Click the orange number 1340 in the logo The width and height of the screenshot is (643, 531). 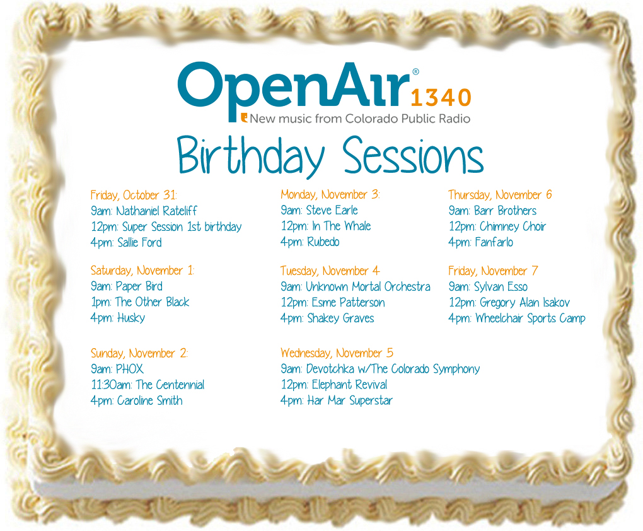(x=441, y=98)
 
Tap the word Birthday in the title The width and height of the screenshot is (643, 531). (x=251, y=157)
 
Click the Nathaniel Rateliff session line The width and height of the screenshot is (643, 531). (x=144, y=211)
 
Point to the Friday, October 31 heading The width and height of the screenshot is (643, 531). (x=134, y=195)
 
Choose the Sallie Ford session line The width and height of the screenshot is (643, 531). (x=126, y=243)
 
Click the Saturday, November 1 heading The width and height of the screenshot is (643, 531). (x=142, y=271)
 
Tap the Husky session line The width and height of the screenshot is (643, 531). (x=118, y=318)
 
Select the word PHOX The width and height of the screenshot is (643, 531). (x=130, y=369)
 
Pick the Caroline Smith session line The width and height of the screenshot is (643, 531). (x=137, y=400)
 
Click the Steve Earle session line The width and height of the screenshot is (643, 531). (x=319, y=211)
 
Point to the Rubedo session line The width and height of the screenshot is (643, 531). (x=310, y=242)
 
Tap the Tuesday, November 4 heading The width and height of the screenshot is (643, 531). (x=330, y=271)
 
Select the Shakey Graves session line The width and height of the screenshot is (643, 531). (x=327, y=318)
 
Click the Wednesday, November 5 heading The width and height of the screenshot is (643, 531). (x=337, y=353)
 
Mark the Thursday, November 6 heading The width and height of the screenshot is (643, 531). (x=500, y=194)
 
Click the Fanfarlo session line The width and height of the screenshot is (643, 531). (x=480, y=242)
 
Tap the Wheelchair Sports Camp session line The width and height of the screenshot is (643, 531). (x=517, y=318)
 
